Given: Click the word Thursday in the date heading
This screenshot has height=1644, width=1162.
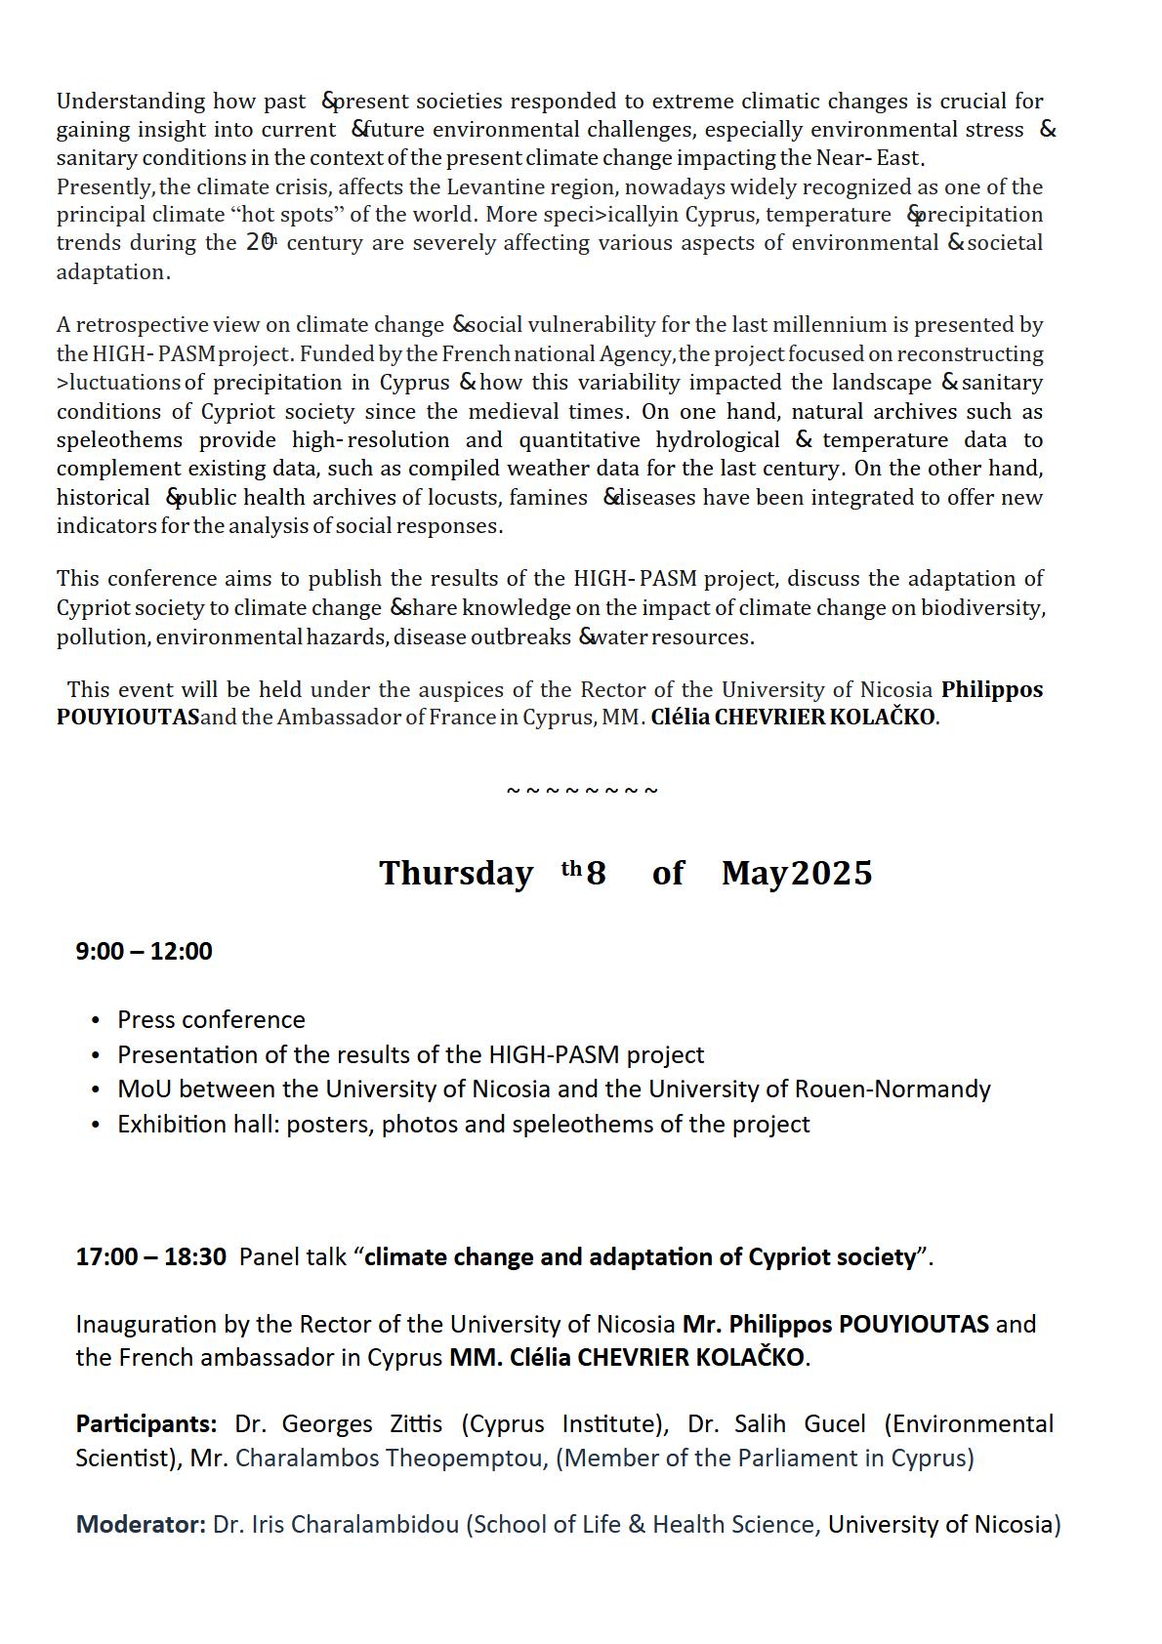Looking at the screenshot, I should pos(455,873).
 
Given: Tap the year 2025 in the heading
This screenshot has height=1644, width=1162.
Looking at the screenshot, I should pos(831,873).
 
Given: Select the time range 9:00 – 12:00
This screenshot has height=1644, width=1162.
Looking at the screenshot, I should pos(144,951).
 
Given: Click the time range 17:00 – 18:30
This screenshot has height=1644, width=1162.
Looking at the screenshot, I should pos(150,1256).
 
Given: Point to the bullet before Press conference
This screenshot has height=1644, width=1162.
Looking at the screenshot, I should pos(95,1020).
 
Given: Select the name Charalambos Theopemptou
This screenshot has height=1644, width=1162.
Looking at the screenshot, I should pos(390,1459).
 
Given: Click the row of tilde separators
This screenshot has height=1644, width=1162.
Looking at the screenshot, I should pos(582,790).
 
